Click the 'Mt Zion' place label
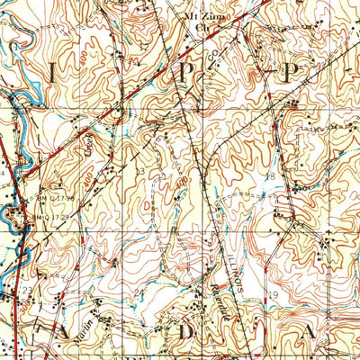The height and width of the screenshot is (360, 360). point(202,17)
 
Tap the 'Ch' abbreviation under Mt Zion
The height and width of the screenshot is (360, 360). point(202,28)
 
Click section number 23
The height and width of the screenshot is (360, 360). point(27,290)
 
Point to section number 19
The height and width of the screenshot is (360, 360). point(274,294)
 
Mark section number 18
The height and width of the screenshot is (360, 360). point(269,176)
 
